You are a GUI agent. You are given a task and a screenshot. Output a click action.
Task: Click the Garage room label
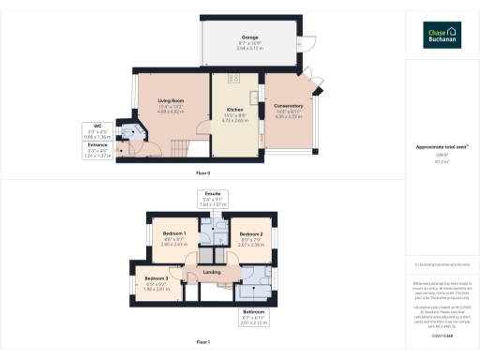249,37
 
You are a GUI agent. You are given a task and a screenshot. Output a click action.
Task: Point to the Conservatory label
281,107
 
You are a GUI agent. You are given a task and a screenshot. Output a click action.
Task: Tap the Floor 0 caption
202,173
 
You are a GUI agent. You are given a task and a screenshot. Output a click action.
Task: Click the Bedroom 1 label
174,232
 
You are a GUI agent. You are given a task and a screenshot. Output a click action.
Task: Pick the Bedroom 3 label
156,278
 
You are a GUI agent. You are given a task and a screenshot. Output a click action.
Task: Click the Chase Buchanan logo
438,37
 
